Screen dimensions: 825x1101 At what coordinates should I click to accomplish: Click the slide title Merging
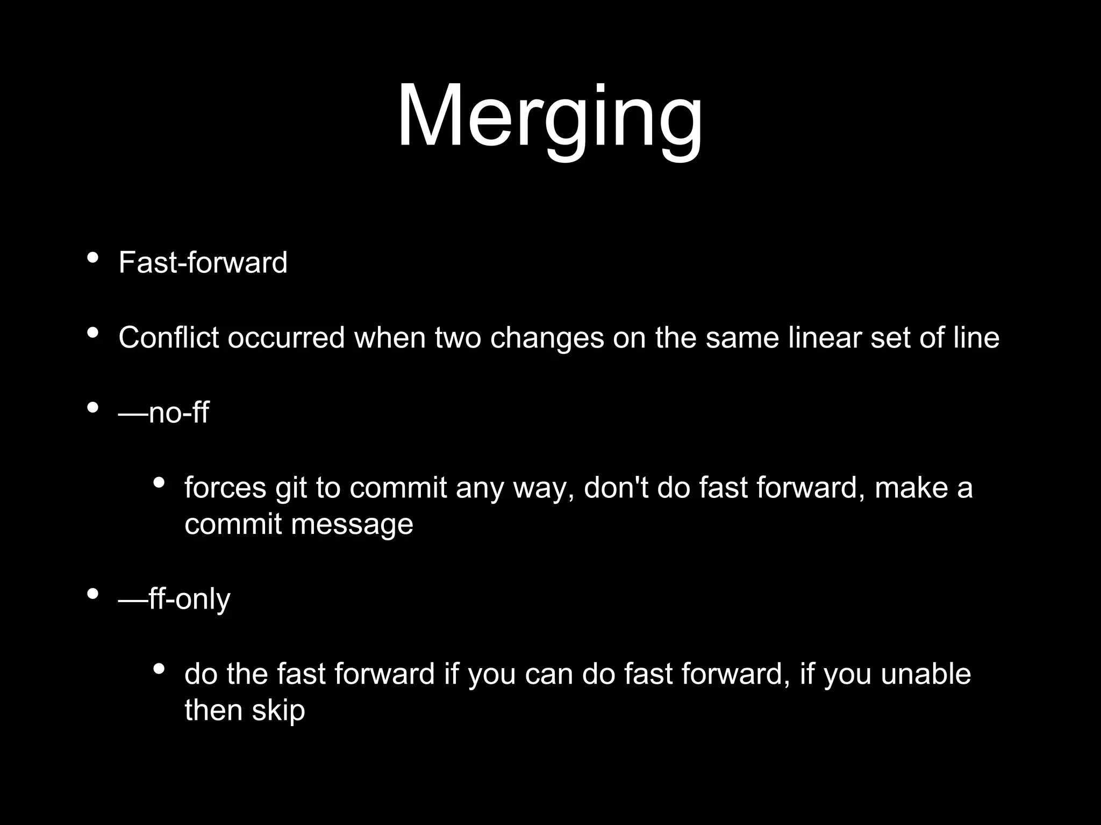click(x=549, y=117)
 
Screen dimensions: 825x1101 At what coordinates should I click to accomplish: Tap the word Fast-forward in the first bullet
click(x=203, y=263)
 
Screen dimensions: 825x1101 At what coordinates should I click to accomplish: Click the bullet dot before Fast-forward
click(x=92, y=258)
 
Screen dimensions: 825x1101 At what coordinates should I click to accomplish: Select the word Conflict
click(x=168, y=338)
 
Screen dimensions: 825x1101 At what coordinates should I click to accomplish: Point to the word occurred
click(x=286, y=338)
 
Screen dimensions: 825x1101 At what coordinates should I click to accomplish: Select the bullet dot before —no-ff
click(x=92, y=408)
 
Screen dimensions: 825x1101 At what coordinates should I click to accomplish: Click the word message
click(x=352, y=525)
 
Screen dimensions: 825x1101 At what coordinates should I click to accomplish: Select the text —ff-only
click(x=174, y=599)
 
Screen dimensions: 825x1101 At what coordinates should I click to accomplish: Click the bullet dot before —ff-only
click(x=92, y=594)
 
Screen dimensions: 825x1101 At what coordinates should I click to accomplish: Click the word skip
click(x=278, y=711)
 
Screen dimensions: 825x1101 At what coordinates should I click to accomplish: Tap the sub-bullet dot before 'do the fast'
click(x=159, y=669)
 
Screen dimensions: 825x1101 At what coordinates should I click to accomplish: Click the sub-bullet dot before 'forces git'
click(x=159, y=482)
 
